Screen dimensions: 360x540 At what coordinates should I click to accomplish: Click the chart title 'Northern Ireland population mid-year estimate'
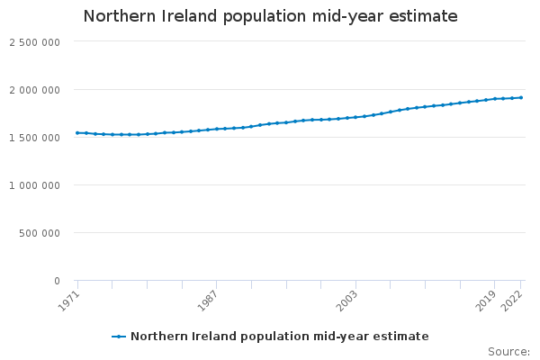[x=270, y=16]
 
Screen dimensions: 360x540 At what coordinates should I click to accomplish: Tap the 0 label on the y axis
[x=56, y=281]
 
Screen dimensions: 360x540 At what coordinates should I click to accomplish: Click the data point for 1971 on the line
[x=77, y=133]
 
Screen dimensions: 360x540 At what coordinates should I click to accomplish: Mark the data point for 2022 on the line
[x=521, y=97]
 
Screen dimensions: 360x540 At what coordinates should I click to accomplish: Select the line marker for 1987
[x=217, y=129]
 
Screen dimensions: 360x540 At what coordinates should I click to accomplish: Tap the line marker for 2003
[x=355, y=117]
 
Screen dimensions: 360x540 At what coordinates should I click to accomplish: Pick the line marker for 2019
[x=495, y=99]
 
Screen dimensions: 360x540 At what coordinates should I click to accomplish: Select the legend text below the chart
[x=279, y=337]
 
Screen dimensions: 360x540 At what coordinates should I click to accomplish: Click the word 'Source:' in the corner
[x=508, y=351]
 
